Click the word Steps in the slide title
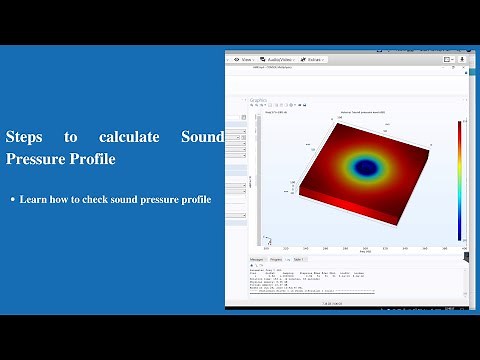(25, 136)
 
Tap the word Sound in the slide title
(203, 136)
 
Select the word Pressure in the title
(35, 158)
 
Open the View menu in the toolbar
(244, 59)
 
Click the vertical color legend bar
(460, 180)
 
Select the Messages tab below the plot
(258, 259)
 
